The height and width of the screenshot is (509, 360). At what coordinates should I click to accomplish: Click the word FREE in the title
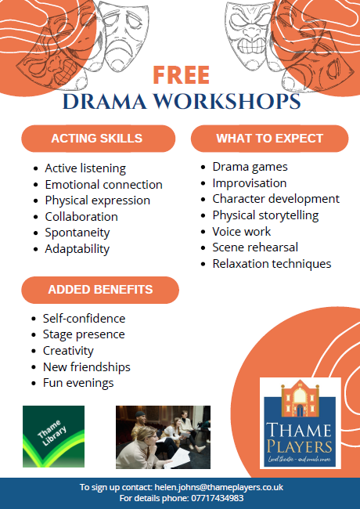182,75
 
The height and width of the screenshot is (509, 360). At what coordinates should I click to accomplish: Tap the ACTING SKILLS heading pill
99,139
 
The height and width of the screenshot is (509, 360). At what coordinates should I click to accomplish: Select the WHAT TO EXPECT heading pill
269,139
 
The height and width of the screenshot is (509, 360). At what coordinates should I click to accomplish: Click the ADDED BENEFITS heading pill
100,290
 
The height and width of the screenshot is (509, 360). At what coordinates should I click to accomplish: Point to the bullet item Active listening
85,168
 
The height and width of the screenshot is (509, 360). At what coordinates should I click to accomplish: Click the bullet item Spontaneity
77,233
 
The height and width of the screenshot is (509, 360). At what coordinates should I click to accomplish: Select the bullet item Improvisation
250,183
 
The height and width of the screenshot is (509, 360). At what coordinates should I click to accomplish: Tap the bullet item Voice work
241,232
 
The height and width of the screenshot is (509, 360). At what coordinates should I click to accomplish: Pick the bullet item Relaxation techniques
272,264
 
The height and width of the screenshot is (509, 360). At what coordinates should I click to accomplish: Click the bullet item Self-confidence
84,319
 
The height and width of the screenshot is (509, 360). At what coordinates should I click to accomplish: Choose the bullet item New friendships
87,366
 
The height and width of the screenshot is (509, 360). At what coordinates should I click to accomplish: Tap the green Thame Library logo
53,436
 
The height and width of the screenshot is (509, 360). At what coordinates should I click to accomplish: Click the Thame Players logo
301,423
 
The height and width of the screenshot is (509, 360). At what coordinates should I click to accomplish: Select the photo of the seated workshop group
163,437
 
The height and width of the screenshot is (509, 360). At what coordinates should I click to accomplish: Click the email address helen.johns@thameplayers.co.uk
219,487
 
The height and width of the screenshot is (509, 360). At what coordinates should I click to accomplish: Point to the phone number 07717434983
218,498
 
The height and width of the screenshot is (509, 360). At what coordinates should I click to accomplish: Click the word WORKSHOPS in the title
227,101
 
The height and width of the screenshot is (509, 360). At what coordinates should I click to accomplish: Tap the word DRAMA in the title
105,101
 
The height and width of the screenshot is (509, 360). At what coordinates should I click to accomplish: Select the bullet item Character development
276,199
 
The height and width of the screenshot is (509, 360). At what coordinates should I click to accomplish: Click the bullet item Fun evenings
78,383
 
